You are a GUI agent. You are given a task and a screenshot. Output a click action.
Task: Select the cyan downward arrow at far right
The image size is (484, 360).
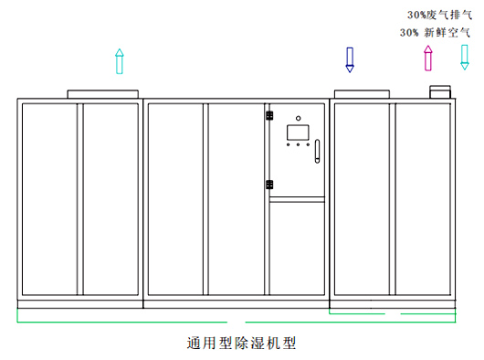pyautogui.click(x=465, y=58)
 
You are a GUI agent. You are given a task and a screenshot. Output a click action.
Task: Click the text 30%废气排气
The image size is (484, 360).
pyautogui.click(x=439, y=15)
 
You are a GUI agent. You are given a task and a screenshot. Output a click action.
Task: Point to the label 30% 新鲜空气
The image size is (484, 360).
pyautogui.click(x=436, y=32)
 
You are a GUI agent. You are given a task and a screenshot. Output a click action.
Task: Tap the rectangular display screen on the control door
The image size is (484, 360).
pyautogui.click(x=299, y=131)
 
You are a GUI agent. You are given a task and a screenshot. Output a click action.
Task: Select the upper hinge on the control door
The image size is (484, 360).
pyautogui.click(x=269, y=115)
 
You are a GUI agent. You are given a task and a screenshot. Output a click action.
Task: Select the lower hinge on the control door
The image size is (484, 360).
pyautogui.click(x=269, y=185)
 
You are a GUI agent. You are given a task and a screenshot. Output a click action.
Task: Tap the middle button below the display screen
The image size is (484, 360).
pyautogui.click(x=299, y=144)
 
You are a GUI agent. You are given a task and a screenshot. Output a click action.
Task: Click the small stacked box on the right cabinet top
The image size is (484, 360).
pyautogui.click(x=442, y=91)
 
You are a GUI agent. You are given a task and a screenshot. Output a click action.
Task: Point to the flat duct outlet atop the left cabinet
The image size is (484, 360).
pyautogui.click(x=101, y=93)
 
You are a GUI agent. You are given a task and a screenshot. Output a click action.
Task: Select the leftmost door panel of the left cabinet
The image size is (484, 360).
pyautogui.click(x=51, y=199)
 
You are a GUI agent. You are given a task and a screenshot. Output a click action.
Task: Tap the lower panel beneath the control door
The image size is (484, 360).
pyautogui.click(x=299, y=247)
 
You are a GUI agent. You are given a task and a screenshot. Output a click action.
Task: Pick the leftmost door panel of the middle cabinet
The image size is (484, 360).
pyautogui.click(x=176, y=199)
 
